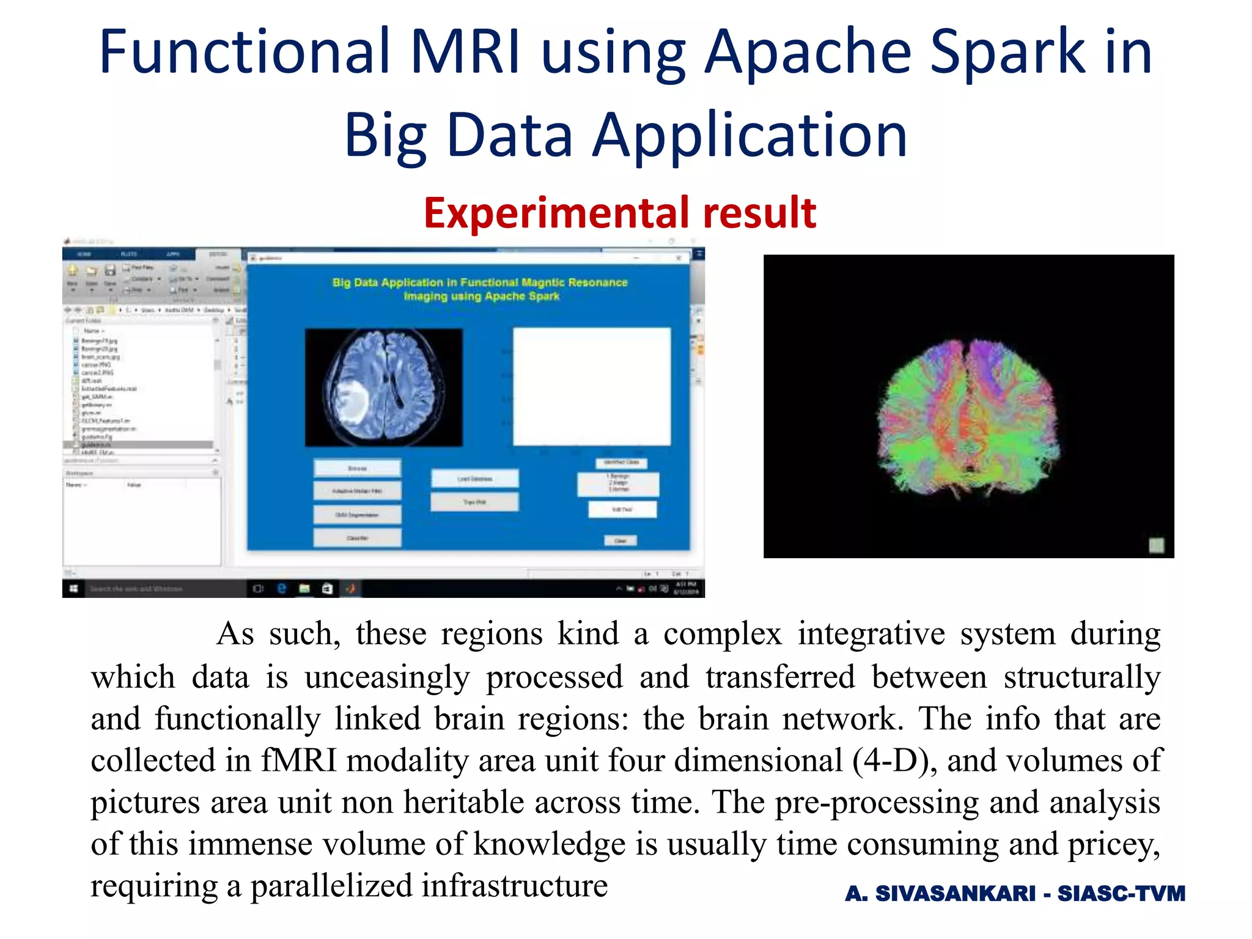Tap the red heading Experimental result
619,213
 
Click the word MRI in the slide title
465,52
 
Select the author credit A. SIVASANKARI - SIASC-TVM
1015,893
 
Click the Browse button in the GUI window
358,468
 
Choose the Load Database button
475,479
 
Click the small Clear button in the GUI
620,540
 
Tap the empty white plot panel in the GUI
592,386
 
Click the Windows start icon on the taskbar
73,589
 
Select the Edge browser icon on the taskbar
281,589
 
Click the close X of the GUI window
678,259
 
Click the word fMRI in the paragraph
300,761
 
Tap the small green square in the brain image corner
1155,545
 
